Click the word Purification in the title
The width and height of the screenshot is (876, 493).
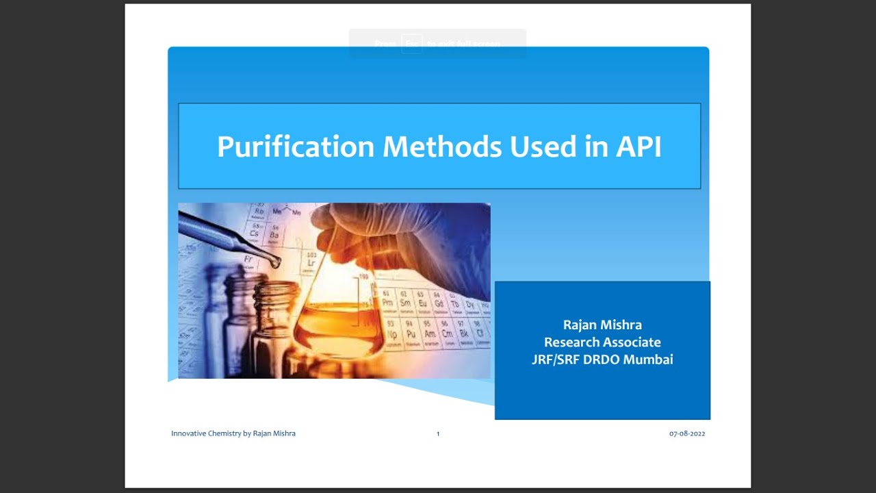(x=296, y=147)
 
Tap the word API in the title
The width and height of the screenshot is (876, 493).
(x=638, y=147)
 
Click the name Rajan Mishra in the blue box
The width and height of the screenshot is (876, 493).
(x=602, y=325)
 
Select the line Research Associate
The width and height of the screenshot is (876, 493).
(x=602, y=342)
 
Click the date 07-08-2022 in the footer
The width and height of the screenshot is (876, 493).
(x=687, y=433)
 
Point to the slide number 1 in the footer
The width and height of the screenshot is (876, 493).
(x=438, y=433)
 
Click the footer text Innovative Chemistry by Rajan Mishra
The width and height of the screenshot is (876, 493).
(x=233, y=433)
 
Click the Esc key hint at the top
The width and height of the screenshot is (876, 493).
(x=411, y=43)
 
